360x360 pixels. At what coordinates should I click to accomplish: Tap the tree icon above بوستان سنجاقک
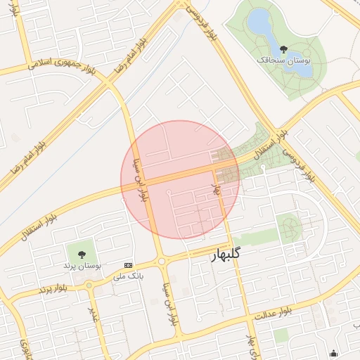[x=283, y=49]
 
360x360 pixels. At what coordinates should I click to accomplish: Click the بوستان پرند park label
[x=83, y=266]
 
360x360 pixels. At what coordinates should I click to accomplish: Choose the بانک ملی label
[x=128, y=276]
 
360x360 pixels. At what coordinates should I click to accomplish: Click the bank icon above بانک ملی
[x=127, y=265]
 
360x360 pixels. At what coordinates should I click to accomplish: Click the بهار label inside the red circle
[x=217, y=188]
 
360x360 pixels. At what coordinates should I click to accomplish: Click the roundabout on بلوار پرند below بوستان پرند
[x=89, y=285]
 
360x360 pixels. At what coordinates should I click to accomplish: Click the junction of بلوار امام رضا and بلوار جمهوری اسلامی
[x=108, y=84]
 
